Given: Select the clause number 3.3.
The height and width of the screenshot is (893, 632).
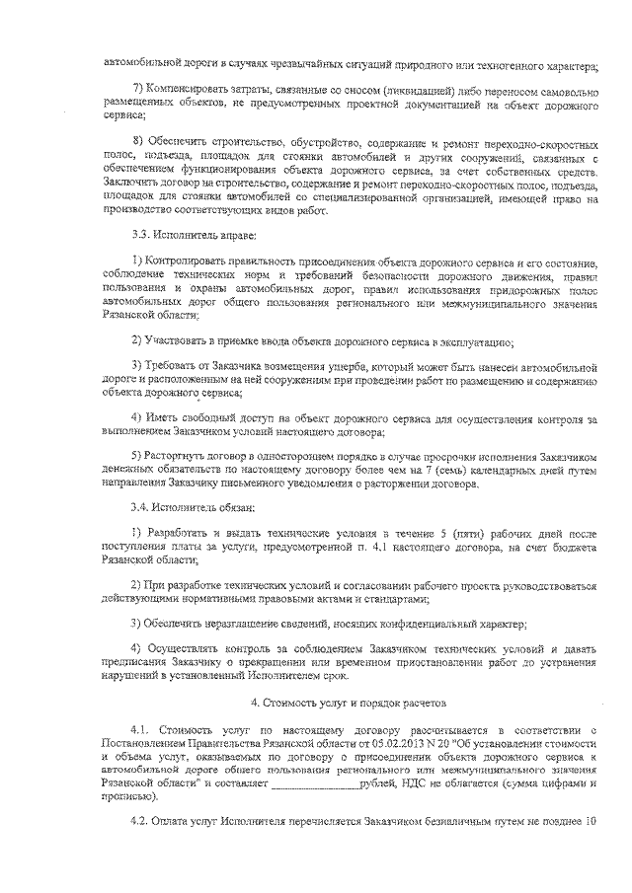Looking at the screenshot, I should click(142, 237).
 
